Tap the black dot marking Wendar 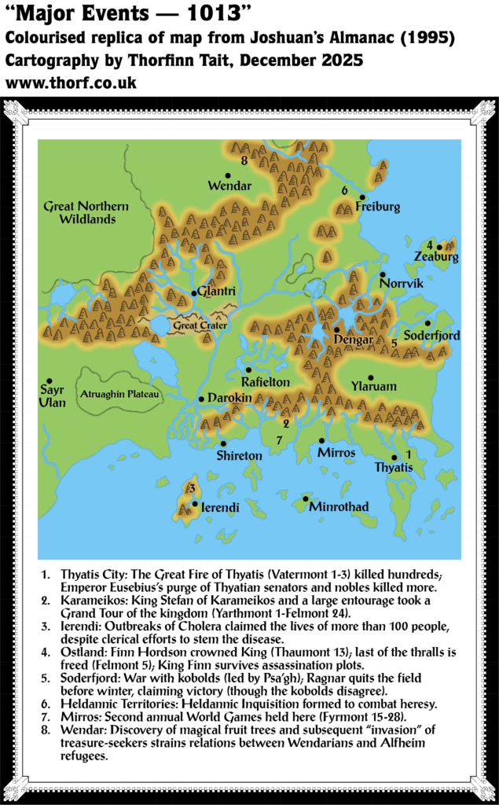228,175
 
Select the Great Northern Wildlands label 86,212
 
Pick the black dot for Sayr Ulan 49,380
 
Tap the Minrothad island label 339,507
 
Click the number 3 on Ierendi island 191,489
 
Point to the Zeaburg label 435,257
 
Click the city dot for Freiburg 362,197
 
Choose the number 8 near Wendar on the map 244,160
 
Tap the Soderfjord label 431,336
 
